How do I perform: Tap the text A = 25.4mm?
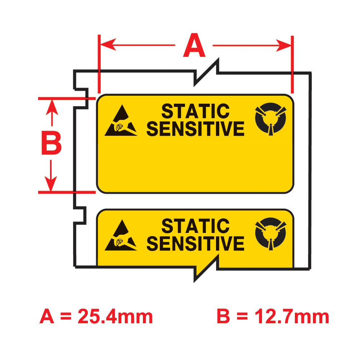pos(96,317)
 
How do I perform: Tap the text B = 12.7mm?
pos(273,317)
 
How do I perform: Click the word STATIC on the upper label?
pos(195,111)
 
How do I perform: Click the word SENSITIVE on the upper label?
pos(195,129)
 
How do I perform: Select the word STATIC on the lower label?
pos(195,226)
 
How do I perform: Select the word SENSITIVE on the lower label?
pos(195,243)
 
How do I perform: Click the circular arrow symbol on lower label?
pos(270,234)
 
